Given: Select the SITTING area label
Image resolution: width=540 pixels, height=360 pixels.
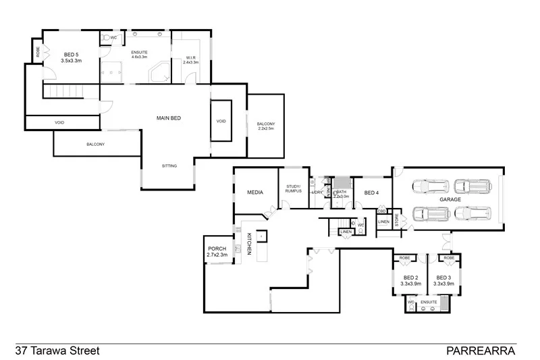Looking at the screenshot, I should point(169,166).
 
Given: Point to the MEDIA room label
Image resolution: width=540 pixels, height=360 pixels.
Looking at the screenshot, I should point(255,192).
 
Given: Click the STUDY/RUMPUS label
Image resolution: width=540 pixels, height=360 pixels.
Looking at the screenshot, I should point(293,188).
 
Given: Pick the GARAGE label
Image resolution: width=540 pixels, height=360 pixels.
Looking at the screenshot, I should point(450,200).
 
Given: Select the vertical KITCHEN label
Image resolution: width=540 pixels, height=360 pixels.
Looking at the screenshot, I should point(249,243).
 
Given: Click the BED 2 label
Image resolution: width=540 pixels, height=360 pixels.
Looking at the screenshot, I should point(410,278).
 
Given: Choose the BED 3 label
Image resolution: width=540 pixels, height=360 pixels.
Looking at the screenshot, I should point(443,278).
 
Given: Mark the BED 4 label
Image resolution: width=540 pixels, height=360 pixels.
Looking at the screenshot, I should point(372,193).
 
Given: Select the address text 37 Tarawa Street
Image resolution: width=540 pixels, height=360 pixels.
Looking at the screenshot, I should point(57,351).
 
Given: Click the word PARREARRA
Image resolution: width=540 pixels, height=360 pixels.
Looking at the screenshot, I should point(481,351).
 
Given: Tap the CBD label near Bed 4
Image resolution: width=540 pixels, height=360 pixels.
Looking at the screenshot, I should point(381,211).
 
